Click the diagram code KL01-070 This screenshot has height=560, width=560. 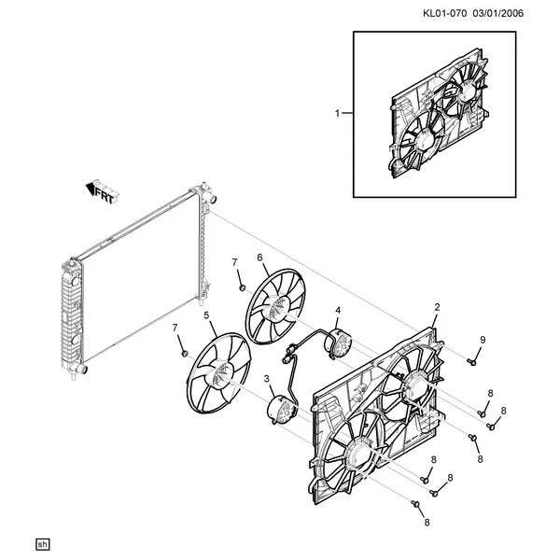(x=444, y=14)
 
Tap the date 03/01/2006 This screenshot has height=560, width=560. (x=498, y=14)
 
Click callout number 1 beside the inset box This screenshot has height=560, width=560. (x=337, y=113)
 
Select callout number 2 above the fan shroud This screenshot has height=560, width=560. (x=437, y=307)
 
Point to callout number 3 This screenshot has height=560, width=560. (x=267, y=379)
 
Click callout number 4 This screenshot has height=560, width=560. (x=338, y=311)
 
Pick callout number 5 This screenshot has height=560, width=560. (x=206, y=315)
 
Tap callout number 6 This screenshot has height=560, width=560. (x=259, y=258)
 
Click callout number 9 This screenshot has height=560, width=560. (x=483, y=340)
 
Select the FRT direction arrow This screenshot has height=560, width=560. (x=103, y=191)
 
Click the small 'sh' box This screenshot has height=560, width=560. (x=43, y=544)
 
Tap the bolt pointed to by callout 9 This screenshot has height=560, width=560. (x=471, y=362)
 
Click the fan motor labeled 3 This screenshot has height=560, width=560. (x=283, y=409)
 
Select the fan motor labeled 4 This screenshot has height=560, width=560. (x=338, y=343)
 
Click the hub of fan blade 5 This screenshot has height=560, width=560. (x=219, y=374)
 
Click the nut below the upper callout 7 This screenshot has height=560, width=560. (x=242, y=287)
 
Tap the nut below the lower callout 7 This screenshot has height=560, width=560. (x=185, y=353)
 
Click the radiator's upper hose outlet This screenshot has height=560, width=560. (x=212, y=198)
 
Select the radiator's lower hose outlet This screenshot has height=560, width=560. (x=81, y=369)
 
